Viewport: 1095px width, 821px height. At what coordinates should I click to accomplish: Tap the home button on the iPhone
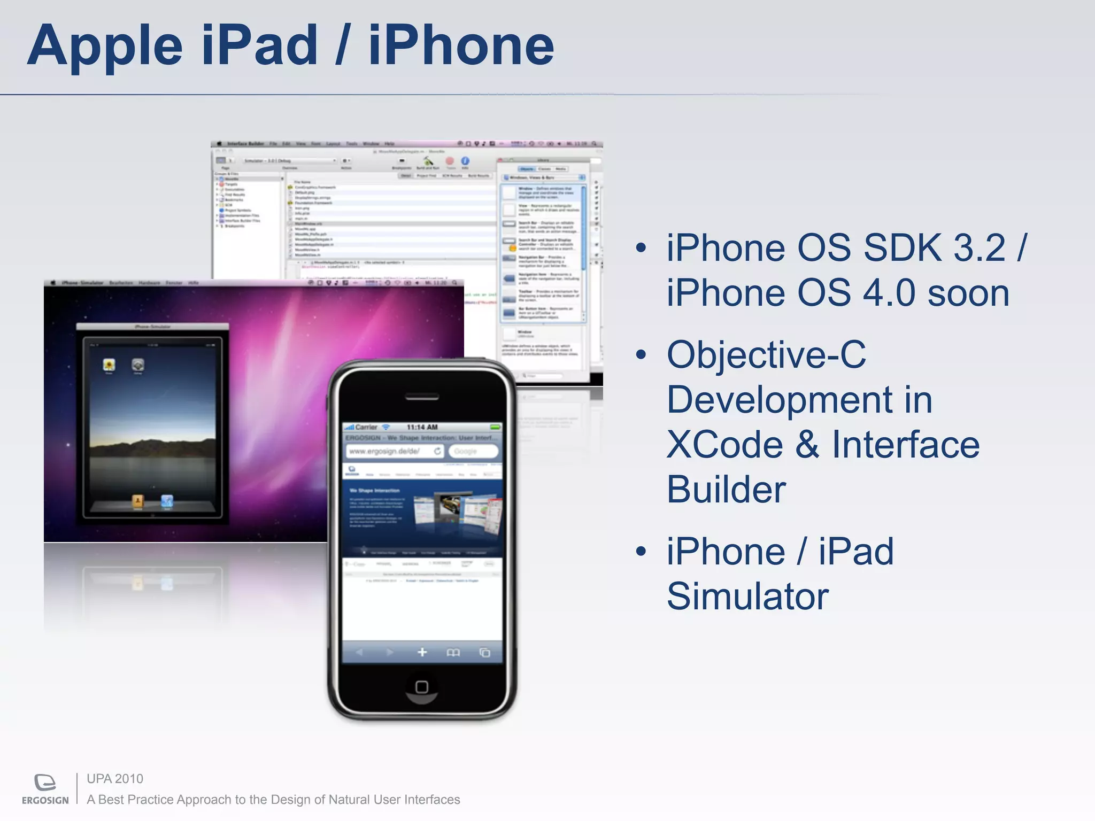pyautogui.click(x=421, y=687)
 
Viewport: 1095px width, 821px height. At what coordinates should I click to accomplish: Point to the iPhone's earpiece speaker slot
pyautogui.click(x=422, y=397)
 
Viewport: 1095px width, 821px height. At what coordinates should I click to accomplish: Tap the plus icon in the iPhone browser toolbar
pyautogui.click(x=422, y=652)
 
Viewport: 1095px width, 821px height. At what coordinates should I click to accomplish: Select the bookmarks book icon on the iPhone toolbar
pyautogui.click(x=453, y=653)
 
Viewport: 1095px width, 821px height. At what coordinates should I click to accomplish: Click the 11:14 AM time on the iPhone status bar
pyautogui.click(x=422, y=427)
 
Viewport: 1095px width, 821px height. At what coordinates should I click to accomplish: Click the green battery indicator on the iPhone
pyautogui.click(x=495, y=427)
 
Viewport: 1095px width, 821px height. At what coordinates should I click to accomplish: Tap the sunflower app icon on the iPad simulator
pyautogui.click(x=109, y=365)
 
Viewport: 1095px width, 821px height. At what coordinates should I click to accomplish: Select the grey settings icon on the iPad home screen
pyautogui.click(x=138, y=365)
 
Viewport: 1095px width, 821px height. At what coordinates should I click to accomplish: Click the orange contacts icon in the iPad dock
pyautogui.click(x=137, y=501)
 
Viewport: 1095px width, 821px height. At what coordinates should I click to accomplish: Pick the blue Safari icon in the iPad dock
pyautogui.click(x=167, y=501)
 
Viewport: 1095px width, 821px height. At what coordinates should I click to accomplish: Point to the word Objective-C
pyautogui.click(x=766, y=354)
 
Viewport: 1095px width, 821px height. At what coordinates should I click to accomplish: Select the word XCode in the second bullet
pyautogui.click(x=724, y=445)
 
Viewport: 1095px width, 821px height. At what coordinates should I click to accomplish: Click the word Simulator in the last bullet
pyautogui.click(x=747, y=596)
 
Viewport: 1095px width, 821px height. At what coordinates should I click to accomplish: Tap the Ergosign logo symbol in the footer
pyautogui.click(x=45, y=783)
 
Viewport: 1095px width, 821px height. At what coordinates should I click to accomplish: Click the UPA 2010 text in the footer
pyautogui.click(x=115, y=779)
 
